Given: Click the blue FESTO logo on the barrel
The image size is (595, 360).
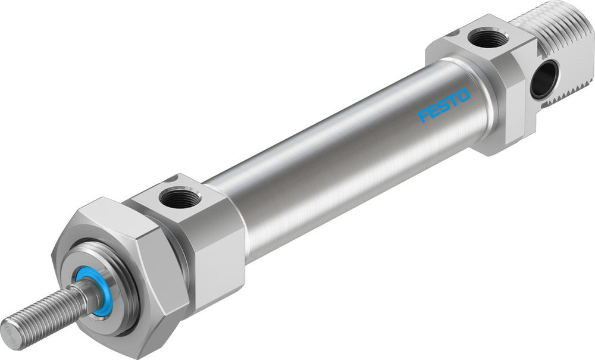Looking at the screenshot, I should [x=444, y=105].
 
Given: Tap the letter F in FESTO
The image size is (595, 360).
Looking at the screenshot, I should [x=424, y=115].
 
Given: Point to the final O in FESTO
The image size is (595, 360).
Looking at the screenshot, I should [x=464, y=95].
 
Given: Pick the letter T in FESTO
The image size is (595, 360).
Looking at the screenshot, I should [x=453, y=101].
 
